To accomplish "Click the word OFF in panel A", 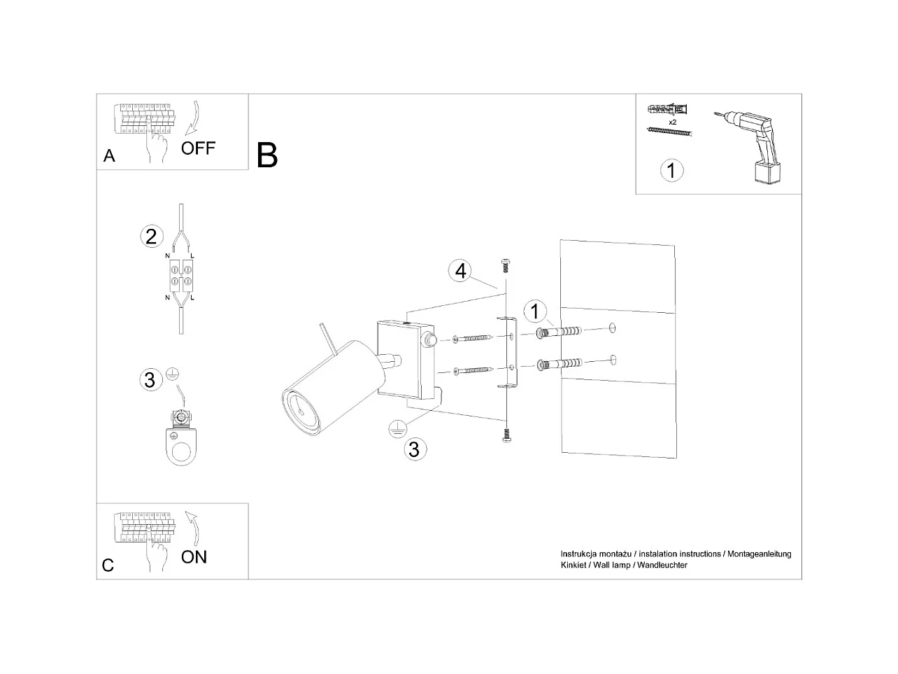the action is [x=198, y=148].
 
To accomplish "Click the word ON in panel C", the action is [x=194, y=557].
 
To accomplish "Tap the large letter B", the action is [x=267, y=155].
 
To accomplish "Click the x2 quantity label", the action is [x=672, y=122].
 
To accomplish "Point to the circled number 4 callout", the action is [x=460, y=271].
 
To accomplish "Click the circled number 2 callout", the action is [x=151, y=237].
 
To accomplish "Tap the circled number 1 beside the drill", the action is [x=672, y=170].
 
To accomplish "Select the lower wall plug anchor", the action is [x=559, y=363].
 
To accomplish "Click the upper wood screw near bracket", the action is [x=473, y=339].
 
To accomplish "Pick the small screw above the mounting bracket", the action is [x=506, y=266].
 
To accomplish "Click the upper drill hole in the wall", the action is [x=612, y=328].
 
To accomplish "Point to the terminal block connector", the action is [x=181, y=276].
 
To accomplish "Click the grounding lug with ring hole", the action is [x=181, y=440].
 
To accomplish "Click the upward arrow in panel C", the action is [x=193, y=528].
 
